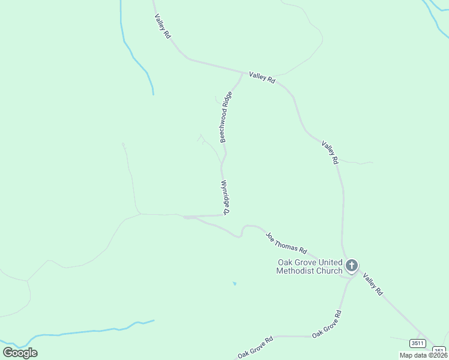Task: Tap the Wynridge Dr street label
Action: point(226,197)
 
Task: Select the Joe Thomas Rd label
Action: point(286,243)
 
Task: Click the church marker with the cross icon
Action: point(352,265)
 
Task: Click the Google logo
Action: point(20,352)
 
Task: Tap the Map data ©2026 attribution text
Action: point(424,355)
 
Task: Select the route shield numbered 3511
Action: point(418,343)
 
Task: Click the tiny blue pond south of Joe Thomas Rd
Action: point(234,283)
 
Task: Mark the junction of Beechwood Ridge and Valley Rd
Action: point(243,73)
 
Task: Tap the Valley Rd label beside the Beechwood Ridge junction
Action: point(262,79)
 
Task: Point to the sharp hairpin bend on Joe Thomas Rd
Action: point(242,232)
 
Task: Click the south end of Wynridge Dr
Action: point(224,215)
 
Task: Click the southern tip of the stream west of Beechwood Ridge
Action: point(153,94)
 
